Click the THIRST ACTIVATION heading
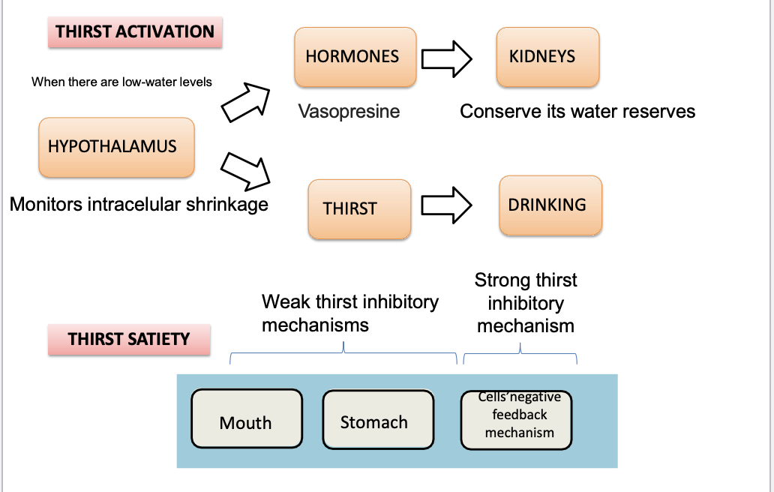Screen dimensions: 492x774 click(135, 32)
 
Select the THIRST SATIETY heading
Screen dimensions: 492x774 click(129, 339)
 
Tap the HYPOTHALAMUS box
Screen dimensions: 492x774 click(116, 147)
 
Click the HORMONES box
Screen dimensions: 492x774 click(355, 57)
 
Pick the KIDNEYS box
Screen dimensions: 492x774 click(547, 57)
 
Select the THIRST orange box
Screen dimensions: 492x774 click(359, 209)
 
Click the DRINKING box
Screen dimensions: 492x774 click(550, 205)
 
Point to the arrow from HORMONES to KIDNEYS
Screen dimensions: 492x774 click(447, 58)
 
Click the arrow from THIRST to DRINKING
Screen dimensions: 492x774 click(447, 204)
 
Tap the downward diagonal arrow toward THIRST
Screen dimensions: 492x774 click(246, 169)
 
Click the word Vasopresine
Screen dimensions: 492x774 click(349, 112)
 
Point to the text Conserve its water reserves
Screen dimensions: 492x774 click(577, 112)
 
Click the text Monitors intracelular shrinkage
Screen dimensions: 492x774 click(139, 203)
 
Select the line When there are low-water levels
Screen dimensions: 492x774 click(121, 82)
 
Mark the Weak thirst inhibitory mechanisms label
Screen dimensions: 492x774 click(349, 313)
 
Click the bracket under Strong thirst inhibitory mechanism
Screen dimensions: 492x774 click(520, 353)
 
